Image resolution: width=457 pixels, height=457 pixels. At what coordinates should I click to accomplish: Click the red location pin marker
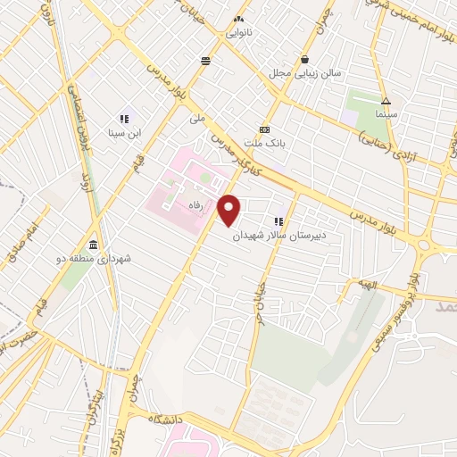pyautogui.click(x=230, y=210)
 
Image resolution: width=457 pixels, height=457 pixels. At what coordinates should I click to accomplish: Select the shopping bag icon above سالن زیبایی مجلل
pyautogui.click(x=305, y=60)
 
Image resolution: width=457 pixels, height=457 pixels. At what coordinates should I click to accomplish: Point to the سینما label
pyautogui.click(x=386, y=115)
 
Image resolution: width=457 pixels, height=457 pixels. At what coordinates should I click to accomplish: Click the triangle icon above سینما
pyautogui.click(x=386, y=102)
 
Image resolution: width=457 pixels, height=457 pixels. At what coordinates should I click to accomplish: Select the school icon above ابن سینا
pyautogui.click(x=125, y=119)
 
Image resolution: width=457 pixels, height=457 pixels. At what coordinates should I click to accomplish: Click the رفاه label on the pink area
pyautogui.click(x=195, y=205)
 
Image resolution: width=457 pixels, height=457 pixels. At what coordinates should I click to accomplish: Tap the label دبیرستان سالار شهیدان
pyautogui.click(x=279, y=236)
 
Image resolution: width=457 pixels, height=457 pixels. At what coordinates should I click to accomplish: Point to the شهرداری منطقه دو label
pyautogui.click(x=94, y=258)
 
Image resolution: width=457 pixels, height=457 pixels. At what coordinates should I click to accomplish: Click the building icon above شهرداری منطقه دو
pyautogui.click(x=94, y=245)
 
